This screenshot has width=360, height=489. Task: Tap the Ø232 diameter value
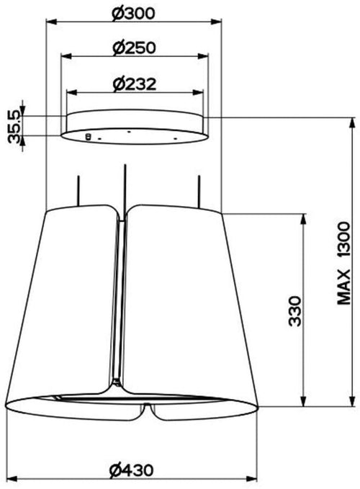(135, 84)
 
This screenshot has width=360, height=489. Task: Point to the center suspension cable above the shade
(126, 184)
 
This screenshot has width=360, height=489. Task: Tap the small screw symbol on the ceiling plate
(88, 135)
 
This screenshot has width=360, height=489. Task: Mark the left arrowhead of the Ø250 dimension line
(63, 57)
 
